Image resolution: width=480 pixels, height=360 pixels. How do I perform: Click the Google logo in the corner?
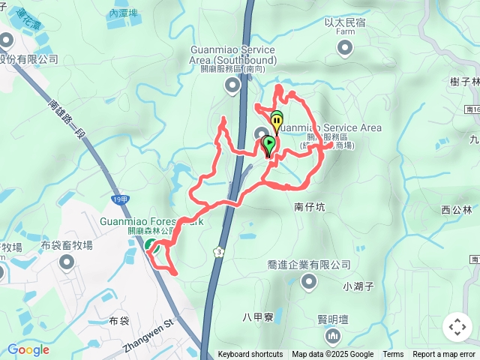(x=28, y=349)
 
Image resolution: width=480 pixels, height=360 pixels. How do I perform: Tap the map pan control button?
(x=457, y=327)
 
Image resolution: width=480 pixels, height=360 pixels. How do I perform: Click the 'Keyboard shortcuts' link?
(x=250, y=355)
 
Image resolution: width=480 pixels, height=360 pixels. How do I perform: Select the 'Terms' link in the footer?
(x=393, y=355)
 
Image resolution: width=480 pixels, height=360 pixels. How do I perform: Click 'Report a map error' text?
(x=444, y=355)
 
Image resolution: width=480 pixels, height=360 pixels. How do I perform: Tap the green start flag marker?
(x=269, y=142)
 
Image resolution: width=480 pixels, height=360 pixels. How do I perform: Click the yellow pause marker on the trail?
(x=277, y=120)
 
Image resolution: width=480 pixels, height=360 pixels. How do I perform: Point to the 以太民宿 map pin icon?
(x=345, y=49)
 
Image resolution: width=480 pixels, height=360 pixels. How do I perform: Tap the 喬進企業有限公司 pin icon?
(x=309, y=282)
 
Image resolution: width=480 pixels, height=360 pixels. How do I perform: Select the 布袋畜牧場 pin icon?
(x=67, y=262)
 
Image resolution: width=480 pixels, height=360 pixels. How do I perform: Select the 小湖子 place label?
(x=358, y=286)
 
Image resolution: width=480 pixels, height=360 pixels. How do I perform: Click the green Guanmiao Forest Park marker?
(x=150, y=245)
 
